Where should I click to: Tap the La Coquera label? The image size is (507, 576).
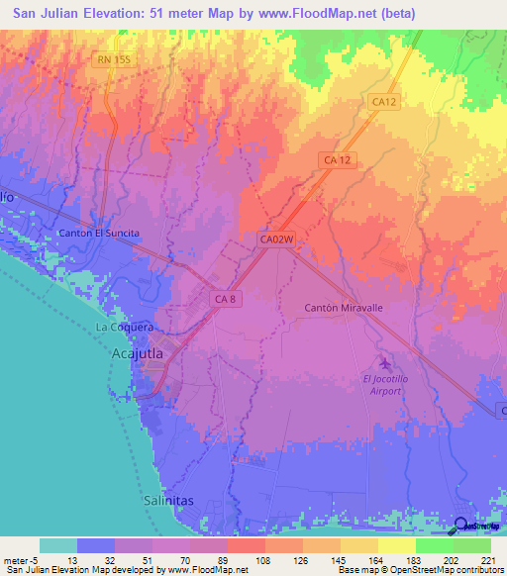pos(123,327)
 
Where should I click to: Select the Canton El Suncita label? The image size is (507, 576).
pos(100,233)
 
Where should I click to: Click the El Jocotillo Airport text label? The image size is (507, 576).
pos(382,384)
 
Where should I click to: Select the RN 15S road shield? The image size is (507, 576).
pos(114,60)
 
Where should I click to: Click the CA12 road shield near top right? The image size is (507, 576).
pos(384,101)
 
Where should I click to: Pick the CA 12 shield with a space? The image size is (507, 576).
pos(338,159)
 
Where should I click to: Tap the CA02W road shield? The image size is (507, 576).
pos(278,239)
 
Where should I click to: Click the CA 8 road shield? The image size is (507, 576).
pos(226,297)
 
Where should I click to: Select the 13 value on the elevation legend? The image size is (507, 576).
pos(77,559)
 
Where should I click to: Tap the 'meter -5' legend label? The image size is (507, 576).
pos(20,559)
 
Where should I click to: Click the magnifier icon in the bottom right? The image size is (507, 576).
pos(461,526)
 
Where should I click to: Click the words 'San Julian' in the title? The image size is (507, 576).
pos(49,14)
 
